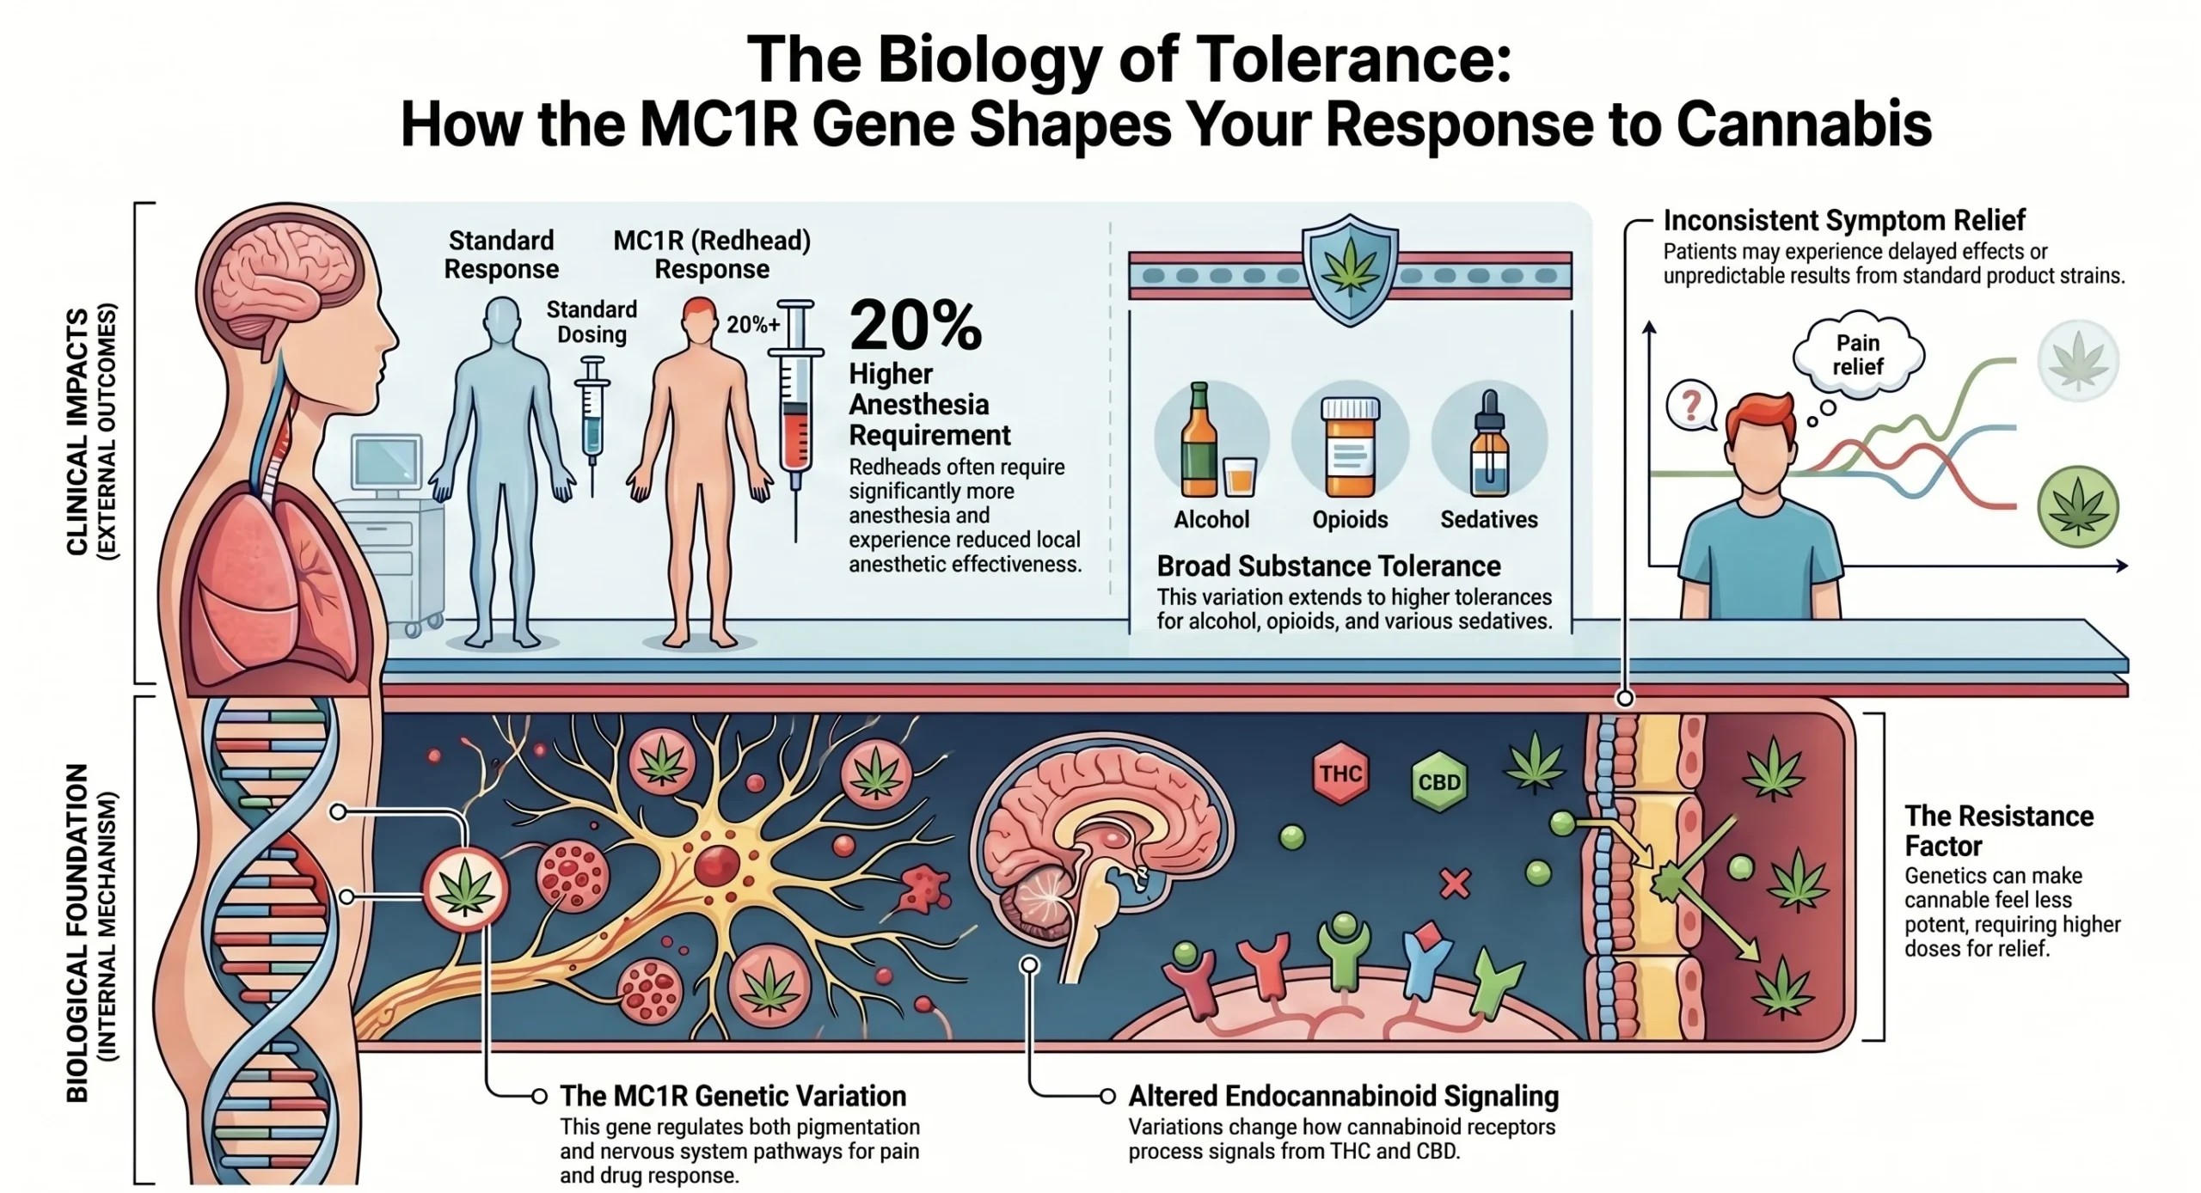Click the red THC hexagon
pos(1341,774)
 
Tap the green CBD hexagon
pos(1439,782)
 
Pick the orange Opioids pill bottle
pos(1350,448)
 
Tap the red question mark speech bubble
pos(1690,407)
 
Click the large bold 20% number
pos(915,327)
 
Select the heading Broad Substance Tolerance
pos(1328,566)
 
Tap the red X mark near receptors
pos(1455,884)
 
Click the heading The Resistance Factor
pos(1998,830)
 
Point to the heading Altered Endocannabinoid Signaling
pos(1343,1096)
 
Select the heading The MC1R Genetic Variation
pos(733,1096)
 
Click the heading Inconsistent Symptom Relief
pos(1844,220)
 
